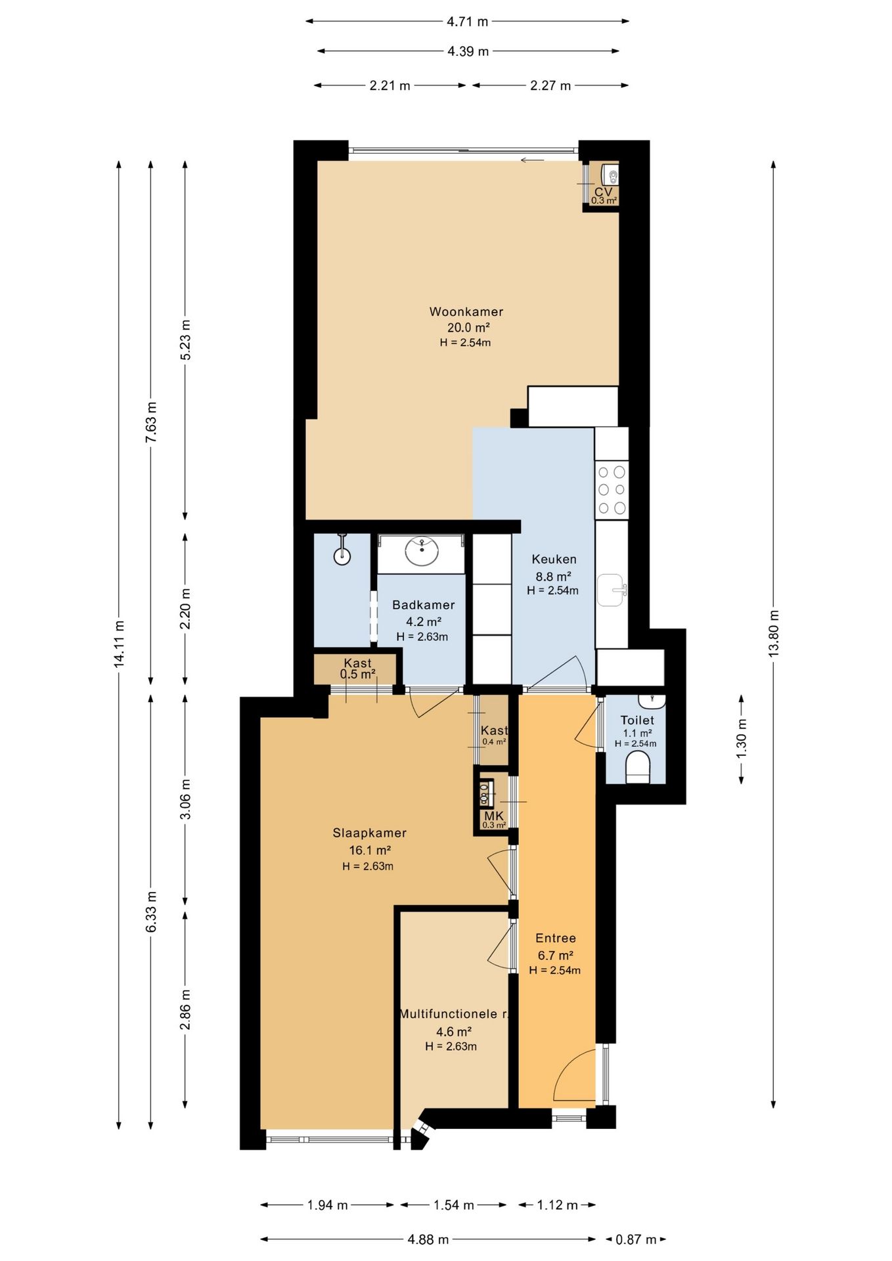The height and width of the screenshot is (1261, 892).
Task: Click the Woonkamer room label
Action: tap(466, 312)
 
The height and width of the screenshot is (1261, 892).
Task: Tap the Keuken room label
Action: tap(554, 560)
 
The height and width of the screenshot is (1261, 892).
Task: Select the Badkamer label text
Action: tap(423, 605)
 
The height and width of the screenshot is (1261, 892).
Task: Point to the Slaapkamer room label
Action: tap(369, 833)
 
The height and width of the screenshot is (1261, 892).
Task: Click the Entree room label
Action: tap(556, 939)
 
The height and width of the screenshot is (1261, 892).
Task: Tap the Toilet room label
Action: tap(637, 720)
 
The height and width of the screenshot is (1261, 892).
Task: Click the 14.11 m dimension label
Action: tap(119, 644)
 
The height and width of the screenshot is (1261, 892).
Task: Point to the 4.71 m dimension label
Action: tap(468, 22)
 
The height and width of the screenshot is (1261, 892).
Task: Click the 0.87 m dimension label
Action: tap(636, 1240)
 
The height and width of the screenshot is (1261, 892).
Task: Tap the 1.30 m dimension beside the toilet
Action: tap(742, 738)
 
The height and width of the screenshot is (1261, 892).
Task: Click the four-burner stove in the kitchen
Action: tap(612, 489)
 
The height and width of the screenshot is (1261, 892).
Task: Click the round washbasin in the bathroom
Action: tap(422, 552)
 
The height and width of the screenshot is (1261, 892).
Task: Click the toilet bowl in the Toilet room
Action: tap(638, 768)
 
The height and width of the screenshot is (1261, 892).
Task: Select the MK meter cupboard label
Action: tap(493, 816)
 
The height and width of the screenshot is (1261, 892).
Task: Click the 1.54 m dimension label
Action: tap(453, 1205)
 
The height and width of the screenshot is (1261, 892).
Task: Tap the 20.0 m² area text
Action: tap(468, 328)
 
